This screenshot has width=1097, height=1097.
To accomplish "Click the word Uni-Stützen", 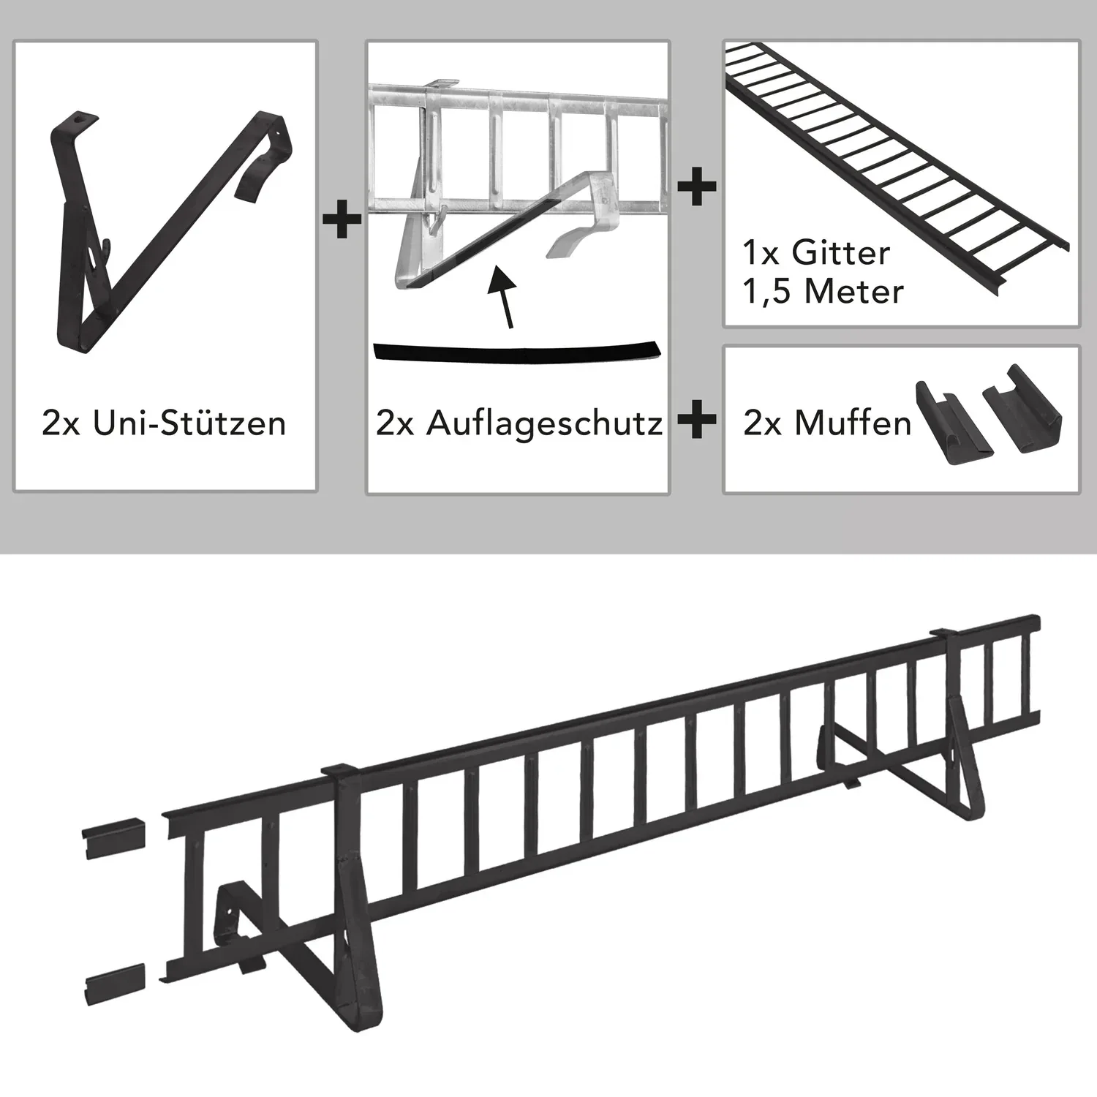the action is tap(189, 423).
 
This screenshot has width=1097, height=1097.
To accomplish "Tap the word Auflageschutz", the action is tap(545, 423).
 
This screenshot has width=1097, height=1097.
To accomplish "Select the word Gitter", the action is tap(841, 253).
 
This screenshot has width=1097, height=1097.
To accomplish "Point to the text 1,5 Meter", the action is tap(823, 292).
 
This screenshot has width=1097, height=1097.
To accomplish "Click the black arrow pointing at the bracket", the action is tap(504, 297).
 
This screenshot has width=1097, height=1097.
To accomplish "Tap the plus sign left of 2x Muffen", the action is tap(696, 422).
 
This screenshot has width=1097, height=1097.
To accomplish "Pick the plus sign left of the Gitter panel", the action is tap(696, 187).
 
